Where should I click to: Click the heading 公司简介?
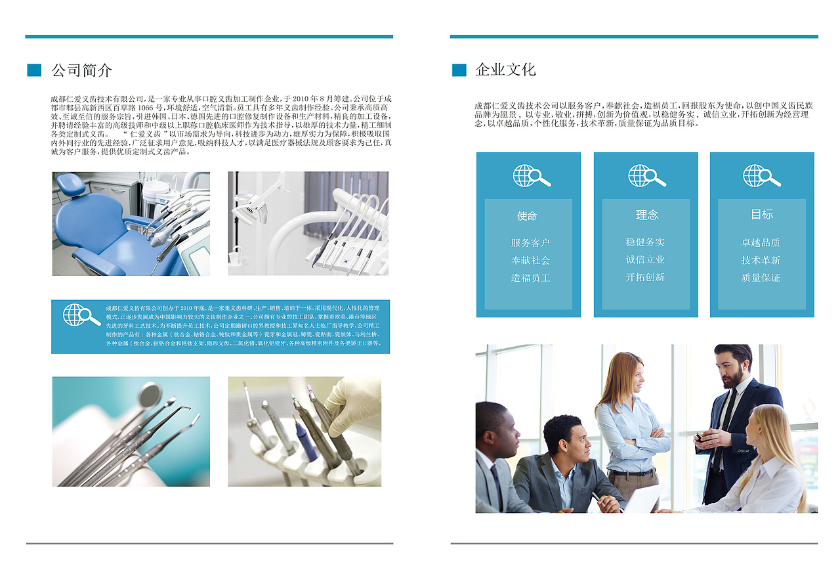click(81, 70)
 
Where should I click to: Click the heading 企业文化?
click(505, 70)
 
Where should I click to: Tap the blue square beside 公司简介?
click(34, 70)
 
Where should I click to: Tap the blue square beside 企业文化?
click(459, 70)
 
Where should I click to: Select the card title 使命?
click(527, 216)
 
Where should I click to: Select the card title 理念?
click(646, 215)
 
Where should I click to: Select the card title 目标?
click(762, 214)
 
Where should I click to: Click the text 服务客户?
click(530, 243)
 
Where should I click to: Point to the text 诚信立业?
click(645, 259)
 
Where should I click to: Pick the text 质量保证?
click(761, 278)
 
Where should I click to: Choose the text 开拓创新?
click(645, 277)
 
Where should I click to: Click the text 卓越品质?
click(761, 242)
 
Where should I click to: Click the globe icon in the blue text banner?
click(81, 315)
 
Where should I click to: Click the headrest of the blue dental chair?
click(70, 184)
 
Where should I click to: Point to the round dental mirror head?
click(149, 394)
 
